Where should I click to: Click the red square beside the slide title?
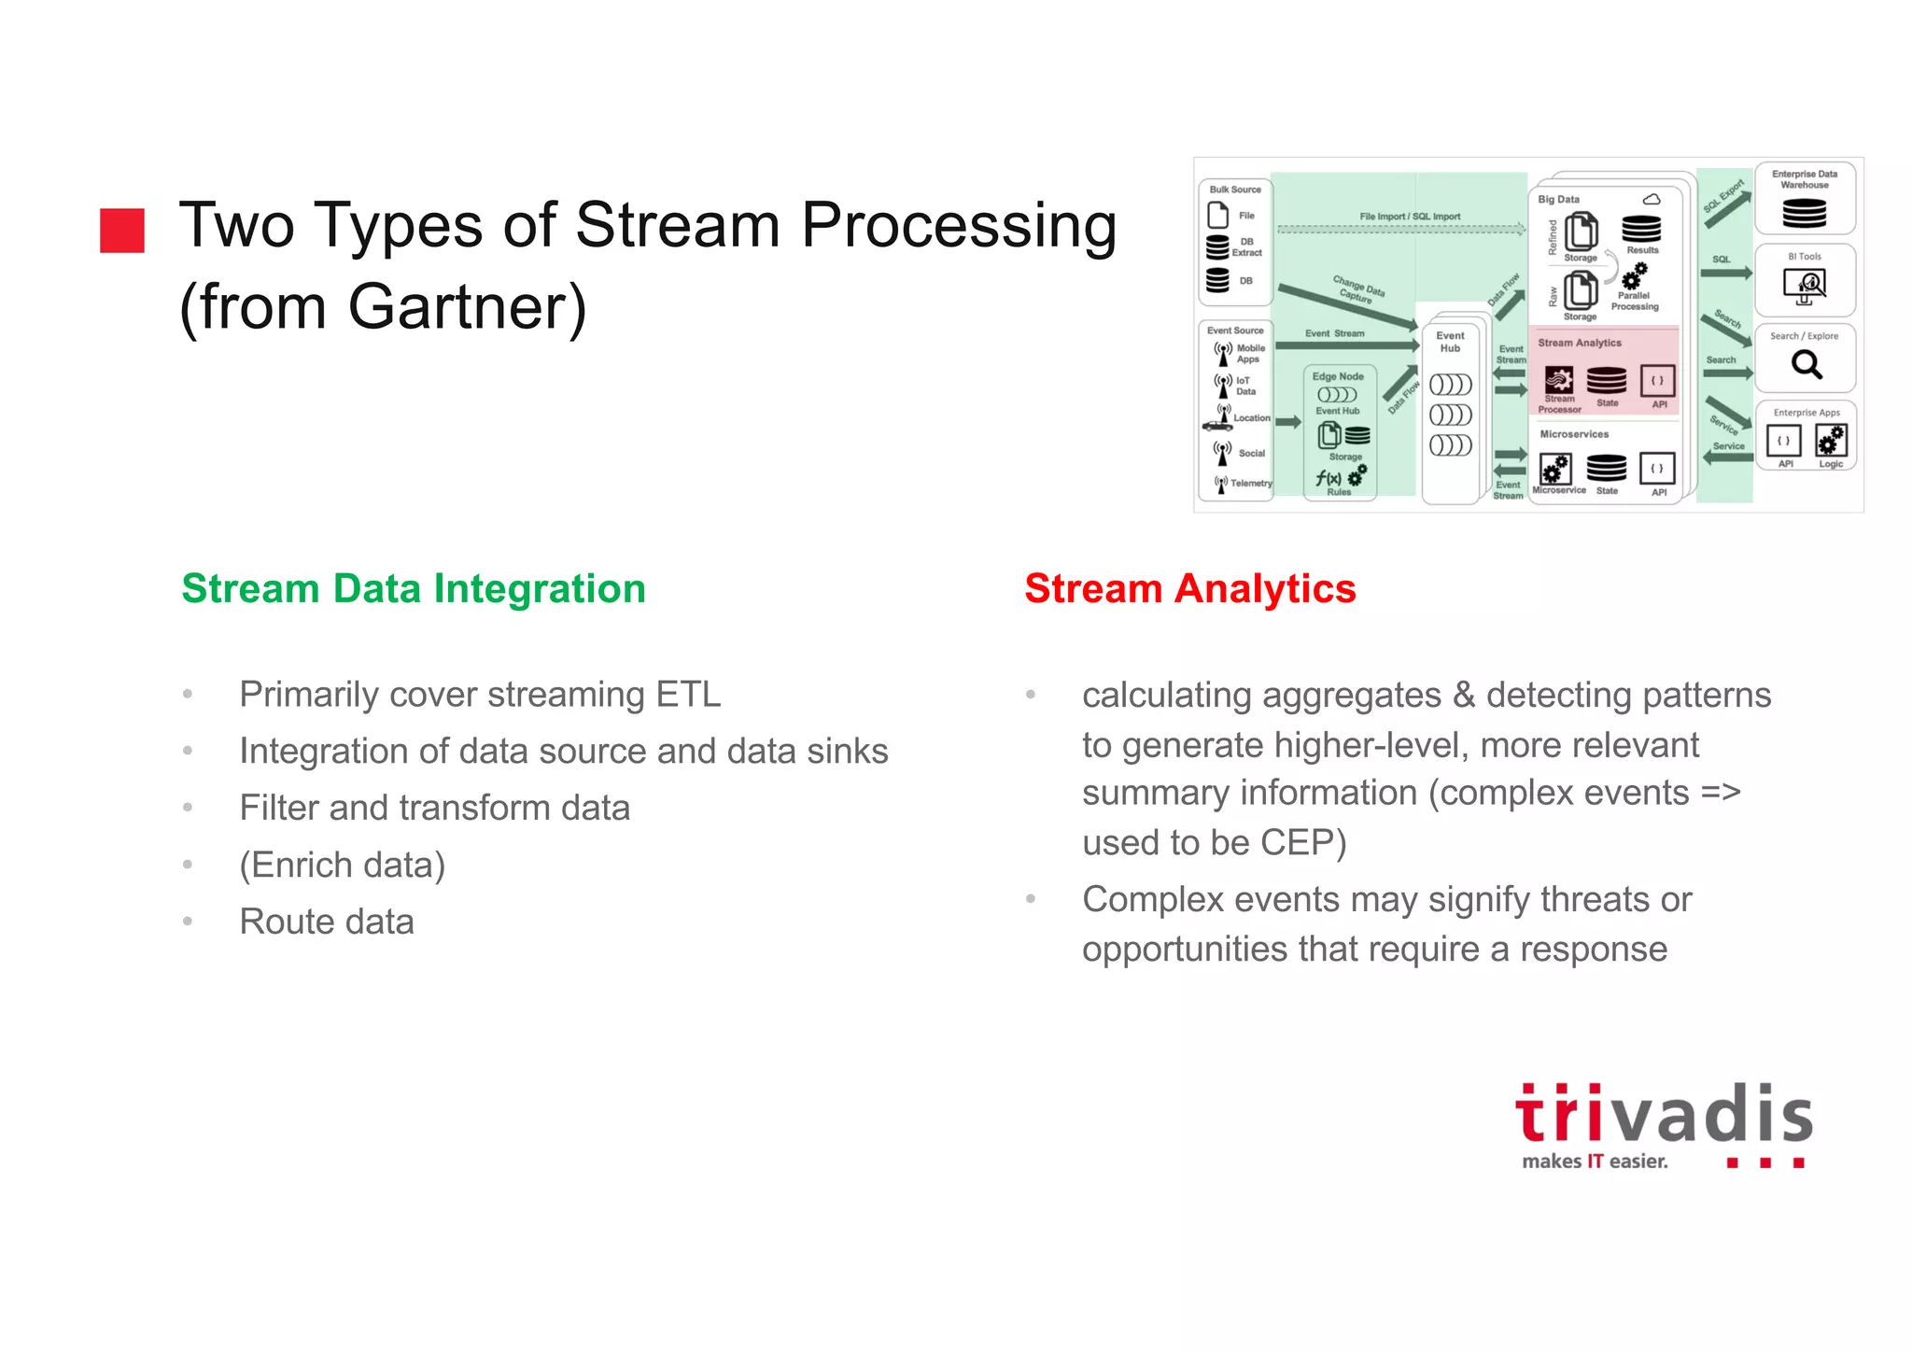coord(122,231)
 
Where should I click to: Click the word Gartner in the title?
coord(467,306)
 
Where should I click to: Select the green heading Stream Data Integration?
coord(414,589)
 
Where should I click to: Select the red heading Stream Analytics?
coord(1189,589)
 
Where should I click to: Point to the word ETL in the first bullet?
coord(688,695)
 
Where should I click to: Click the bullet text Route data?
coord(327,922)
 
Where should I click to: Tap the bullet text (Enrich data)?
coord(342,865)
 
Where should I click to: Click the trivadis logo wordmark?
coord(1664,1115)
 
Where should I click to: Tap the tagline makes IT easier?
coord(1595,1161)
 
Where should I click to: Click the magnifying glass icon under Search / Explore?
coord(1807,364)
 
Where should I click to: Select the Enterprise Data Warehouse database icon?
coord(1804,213)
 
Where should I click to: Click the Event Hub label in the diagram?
coord(1450,342)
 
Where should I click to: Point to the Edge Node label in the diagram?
coord(1338,376)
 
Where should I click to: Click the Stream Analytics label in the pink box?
coord(1580,343)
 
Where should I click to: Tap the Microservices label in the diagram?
coord(1574,434)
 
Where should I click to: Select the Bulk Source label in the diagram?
coord(1234,190)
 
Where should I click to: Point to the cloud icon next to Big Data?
coord(1652,199)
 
